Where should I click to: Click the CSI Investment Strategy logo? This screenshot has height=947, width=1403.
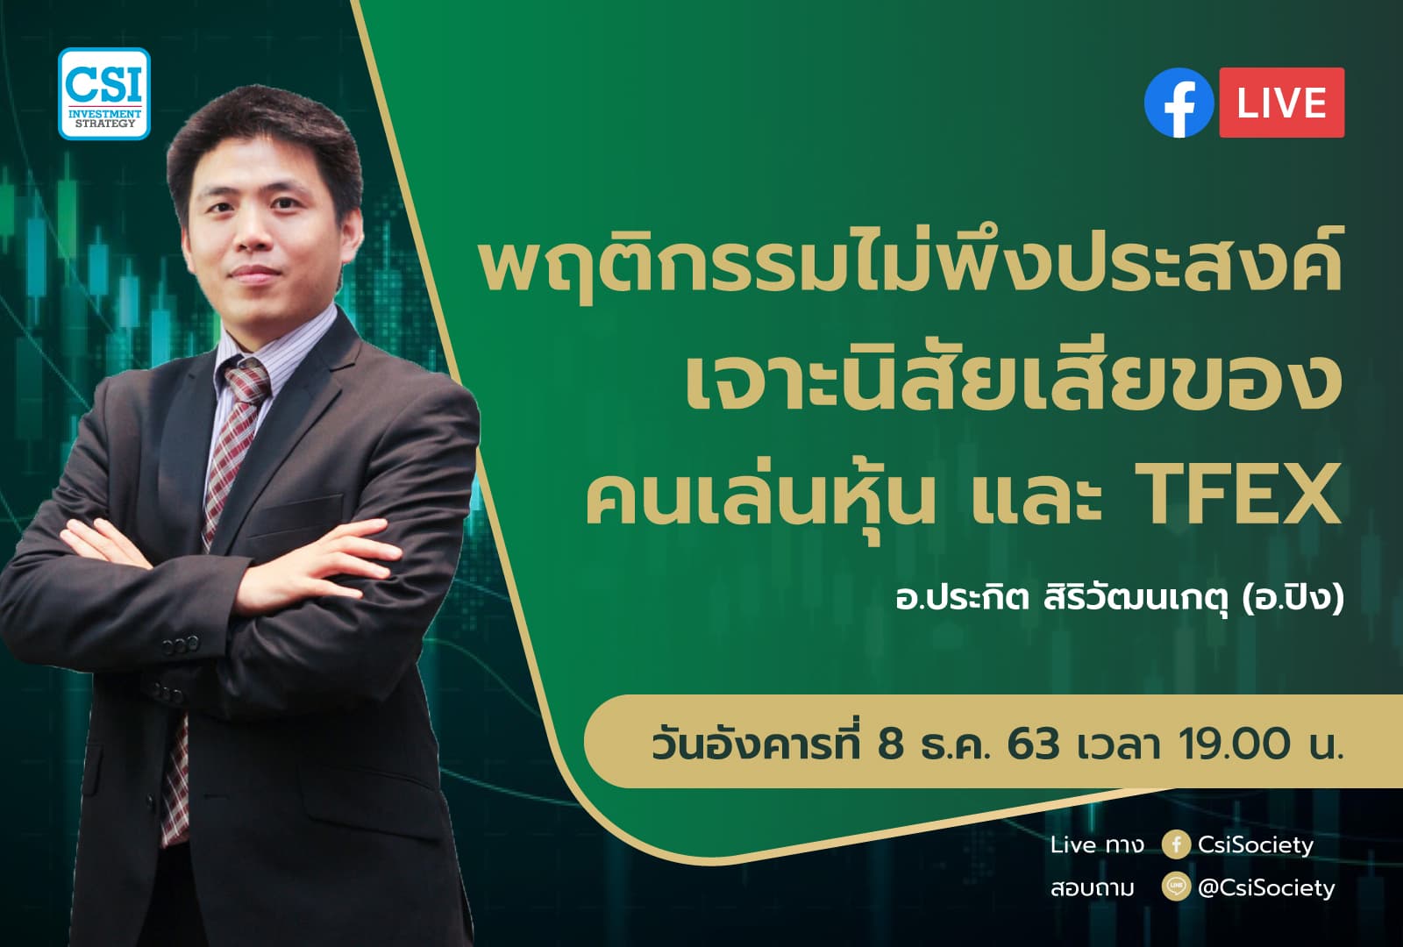(x=104, y=94)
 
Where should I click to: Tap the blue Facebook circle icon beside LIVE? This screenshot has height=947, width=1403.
(x=1179, y=103)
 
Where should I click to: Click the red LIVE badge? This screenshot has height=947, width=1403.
(x=1281, y=103)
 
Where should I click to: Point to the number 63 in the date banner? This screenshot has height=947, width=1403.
(x=1033, y=744)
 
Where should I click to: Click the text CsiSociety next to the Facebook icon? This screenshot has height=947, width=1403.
(x=1255, y=844)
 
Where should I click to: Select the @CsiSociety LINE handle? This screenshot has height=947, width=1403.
(x=1266, y=887)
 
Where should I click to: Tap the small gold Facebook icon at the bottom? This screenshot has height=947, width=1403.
(x=1175, y=844)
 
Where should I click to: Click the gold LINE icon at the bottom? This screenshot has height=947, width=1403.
(x=1175, y=887)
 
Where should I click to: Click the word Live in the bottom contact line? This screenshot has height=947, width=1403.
(x=1073, y=844)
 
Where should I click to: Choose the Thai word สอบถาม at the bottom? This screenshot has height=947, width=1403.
(x=1092, y=888)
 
